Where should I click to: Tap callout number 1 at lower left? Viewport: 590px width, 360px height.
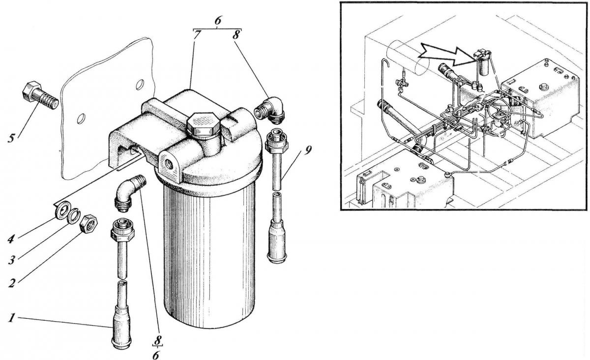coord(11,318)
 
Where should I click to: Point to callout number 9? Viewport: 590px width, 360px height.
coord(307,150)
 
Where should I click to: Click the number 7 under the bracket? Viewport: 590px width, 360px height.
coord(196,34)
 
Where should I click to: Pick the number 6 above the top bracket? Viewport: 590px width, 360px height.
coord(217,21)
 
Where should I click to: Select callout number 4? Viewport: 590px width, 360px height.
coord(11,240)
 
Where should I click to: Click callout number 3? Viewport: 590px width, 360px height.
coord(11,261)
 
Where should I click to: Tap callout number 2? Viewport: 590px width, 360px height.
coord(11,283)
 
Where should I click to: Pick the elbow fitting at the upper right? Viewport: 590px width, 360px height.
coord(269,110)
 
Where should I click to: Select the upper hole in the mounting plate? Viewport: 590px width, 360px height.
coord(139,85)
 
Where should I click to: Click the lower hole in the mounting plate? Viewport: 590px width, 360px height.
coord(81,119)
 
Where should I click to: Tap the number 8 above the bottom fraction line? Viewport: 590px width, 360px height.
coord(157,340)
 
